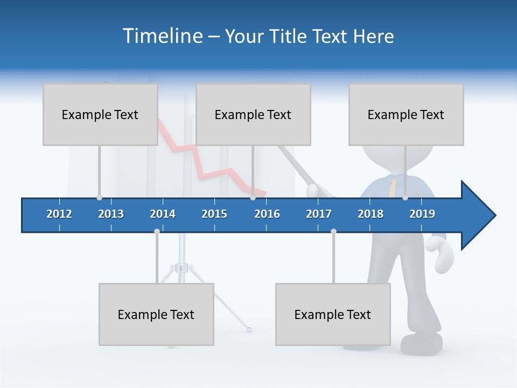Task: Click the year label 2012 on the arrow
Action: coord(59,214)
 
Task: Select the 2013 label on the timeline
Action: coord(111,214)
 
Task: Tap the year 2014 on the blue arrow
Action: coord(163,214)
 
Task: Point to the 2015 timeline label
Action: coord(214,214)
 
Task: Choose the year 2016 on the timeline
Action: coord(267,214)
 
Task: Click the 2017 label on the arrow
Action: coord(319,214)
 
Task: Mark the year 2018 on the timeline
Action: coord(371,214)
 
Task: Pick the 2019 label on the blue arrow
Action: coord(422,214)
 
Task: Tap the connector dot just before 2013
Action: coord(99,198)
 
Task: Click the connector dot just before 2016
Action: coord(253,198)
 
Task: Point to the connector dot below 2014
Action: coord(157,232)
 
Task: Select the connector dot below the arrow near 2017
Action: coord(333,232)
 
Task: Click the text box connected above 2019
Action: coord(406,114)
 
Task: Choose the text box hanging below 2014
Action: coord(156,314)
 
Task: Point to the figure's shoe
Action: coord(422,343)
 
